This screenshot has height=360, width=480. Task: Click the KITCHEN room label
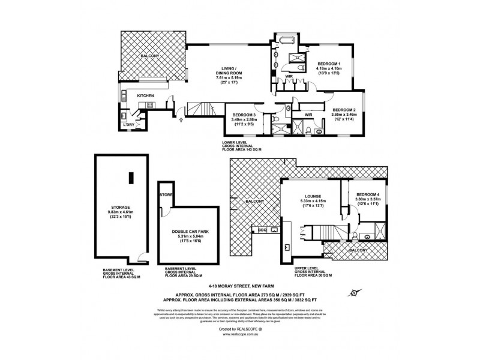click(146, 95)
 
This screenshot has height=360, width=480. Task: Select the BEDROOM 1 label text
click(329, 64)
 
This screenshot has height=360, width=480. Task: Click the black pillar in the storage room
click(130, 178)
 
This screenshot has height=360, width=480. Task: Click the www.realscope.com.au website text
click(239, 335)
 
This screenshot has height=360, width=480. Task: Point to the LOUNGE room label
click(312, 196)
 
